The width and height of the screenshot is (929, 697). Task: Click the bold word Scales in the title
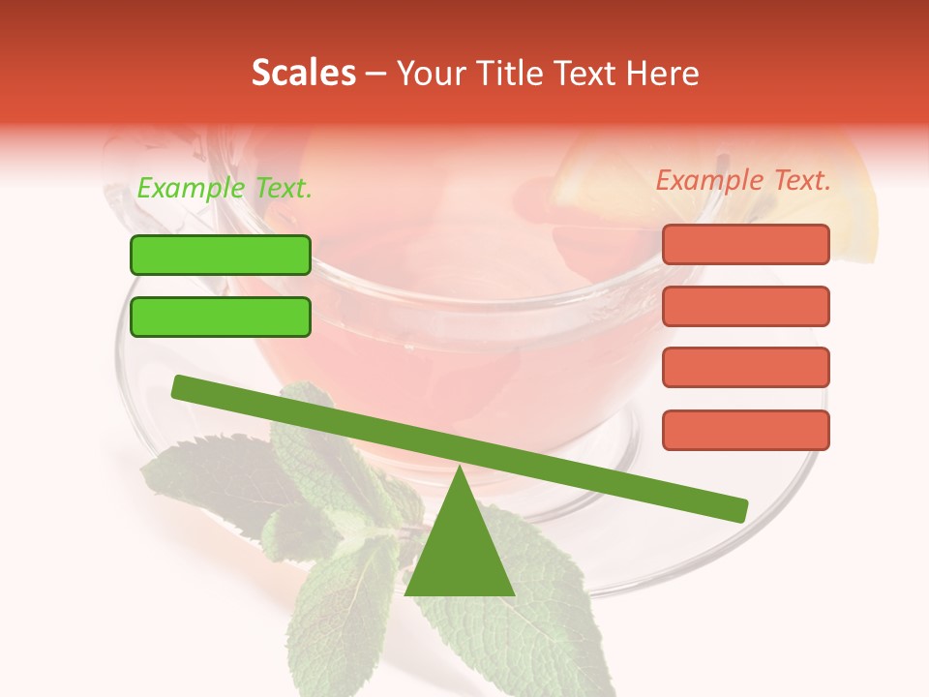pos(303,73)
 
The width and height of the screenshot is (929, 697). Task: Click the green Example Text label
pos(225,189)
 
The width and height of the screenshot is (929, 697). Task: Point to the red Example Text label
pos(743,180)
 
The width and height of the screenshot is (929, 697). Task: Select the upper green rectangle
pos(221,255)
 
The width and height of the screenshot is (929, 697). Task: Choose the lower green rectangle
pos(221,317)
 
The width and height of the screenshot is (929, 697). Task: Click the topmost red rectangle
pos(745,244)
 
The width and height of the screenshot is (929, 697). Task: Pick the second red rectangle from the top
pos(745,306)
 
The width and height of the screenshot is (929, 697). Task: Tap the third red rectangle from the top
pos(745,368)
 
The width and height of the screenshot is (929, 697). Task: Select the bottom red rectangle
pos(745,430)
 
